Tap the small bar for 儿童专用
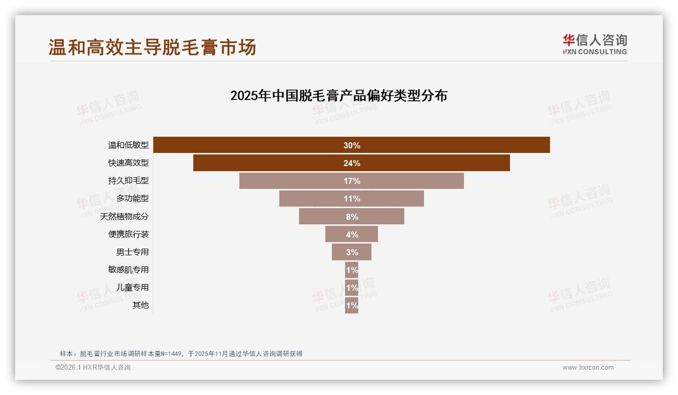pos(352,287)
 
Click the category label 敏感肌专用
pos(129,269)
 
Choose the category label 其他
pos(141,305)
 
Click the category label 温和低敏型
pos(129,145)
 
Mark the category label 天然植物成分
pos(124,216)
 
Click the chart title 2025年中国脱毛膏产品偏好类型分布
pos(338,95)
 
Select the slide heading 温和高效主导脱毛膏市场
pos(152,47)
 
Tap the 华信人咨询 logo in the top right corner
pos(595,44)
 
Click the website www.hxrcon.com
pos(588,368)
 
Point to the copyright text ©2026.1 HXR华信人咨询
pos(93,368)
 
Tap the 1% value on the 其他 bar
pos(352,305)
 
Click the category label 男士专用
pos(133,252)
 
